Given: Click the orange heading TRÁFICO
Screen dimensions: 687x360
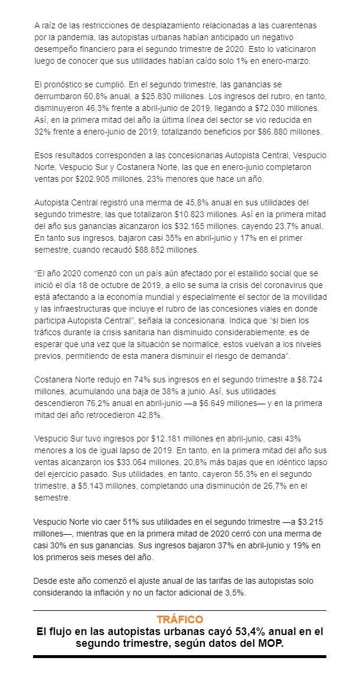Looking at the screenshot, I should (180, 619).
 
